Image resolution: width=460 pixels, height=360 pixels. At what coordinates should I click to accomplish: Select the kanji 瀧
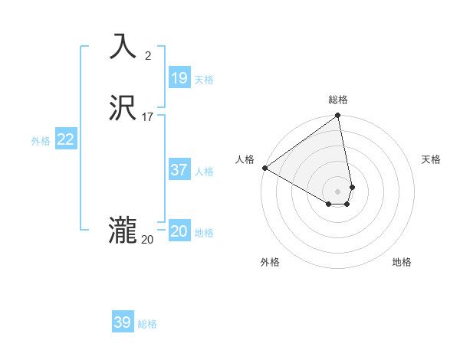pos(123,231)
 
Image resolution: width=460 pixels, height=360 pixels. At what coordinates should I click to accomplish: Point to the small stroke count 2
pos(148,55)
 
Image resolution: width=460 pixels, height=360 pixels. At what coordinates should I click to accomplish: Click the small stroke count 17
pos(148,117)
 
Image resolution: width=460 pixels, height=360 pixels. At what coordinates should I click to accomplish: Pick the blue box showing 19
pos(179,78)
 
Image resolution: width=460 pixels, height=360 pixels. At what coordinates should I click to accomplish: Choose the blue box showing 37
pos(179,170)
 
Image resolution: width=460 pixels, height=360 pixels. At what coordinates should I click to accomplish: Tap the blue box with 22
pos(66,139)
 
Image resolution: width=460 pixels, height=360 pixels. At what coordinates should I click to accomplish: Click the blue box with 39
pos(123,322)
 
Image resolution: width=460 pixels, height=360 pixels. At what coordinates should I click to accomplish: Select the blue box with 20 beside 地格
pos(179,231)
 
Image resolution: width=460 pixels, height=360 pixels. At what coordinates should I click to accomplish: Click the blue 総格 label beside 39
pos(147,324)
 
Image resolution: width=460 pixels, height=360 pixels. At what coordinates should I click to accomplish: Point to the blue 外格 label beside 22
pos(41,141)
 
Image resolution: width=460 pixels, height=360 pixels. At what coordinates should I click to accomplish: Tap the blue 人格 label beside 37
pos(205,172)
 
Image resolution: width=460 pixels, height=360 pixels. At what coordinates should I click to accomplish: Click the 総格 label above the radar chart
pos(338,100)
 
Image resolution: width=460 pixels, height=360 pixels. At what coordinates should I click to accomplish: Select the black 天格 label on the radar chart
pos(431,159)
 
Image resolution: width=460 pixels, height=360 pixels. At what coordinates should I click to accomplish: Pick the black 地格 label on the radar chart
pos(402,262)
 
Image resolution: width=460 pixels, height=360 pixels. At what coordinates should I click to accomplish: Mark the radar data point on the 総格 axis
pos(338,116)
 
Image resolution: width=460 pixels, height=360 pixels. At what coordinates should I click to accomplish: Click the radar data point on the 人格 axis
pos(264,168)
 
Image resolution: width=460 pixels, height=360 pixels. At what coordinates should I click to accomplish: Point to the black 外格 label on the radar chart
pos(270,262)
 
